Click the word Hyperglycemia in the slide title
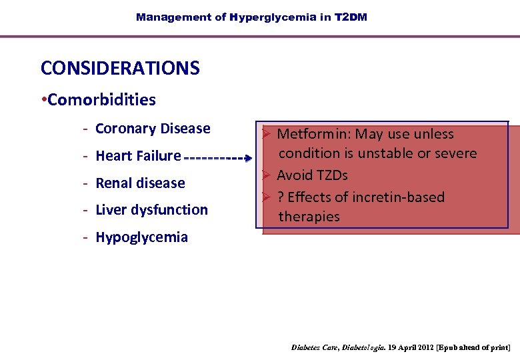(273, 17)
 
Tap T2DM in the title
(350, 17)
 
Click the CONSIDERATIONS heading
(120, 68)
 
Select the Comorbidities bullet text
(101, 100)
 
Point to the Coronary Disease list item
(153, 129)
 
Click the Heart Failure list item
(138, 156)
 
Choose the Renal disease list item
(140, 183)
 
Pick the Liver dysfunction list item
(151, 209)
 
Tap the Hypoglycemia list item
(141, 237)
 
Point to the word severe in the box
(455, 153)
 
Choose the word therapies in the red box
(309, 217)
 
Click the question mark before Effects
(281, 197)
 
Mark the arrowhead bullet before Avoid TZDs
(265, 175)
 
